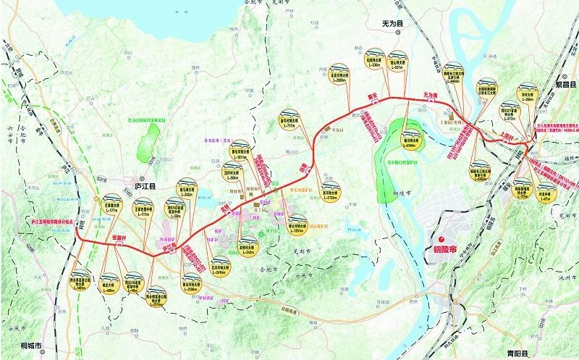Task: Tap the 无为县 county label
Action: click(x=396, y=24)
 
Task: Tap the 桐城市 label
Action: click(x=30, y=346)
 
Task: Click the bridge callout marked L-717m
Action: click(x=290, y=120)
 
